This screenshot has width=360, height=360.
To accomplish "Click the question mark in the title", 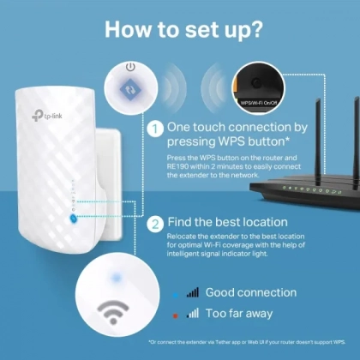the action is [x=253, y=29].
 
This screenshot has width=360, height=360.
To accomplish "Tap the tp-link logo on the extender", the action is [x=46, y=115].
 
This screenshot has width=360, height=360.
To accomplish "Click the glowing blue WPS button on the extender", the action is [x=73, y=219].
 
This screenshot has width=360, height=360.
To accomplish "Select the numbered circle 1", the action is [x=155, y=129].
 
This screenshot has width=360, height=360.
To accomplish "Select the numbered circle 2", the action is [x=155, y=225].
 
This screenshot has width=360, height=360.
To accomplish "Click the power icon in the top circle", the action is [x=130, y=68].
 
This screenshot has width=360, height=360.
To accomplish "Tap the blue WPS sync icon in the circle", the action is [x=130, y=90].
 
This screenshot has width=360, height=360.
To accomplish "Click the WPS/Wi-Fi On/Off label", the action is [x=259, y=103].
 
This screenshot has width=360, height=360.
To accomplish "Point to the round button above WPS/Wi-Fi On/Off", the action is [x=256, y=83].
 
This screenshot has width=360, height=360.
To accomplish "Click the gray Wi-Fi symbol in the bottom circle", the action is [x=113, y=312].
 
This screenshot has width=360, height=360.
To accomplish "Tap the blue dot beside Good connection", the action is [x=176, y=295].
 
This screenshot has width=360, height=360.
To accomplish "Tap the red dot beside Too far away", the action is [x=176, y=315].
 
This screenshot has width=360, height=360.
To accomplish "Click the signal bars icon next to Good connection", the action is [x=192, y=292].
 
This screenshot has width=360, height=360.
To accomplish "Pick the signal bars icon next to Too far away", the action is [x=192, y=313].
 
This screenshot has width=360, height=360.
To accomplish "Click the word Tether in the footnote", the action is [x=223, y=342].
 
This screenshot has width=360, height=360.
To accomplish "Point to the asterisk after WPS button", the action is [x=287, y=139].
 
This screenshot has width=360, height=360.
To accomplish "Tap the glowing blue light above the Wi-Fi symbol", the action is [x=116, y=277].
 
